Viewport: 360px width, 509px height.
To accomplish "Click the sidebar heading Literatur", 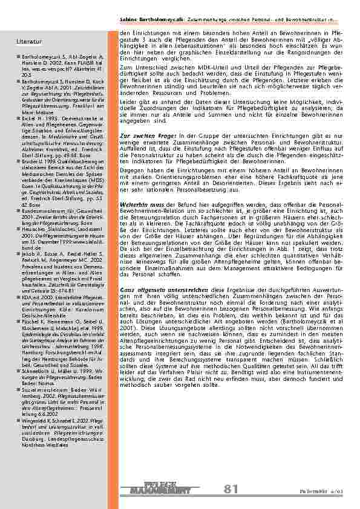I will click(x=29, y=42).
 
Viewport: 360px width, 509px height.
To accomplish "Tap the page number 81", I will click(x=231, y=490).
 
